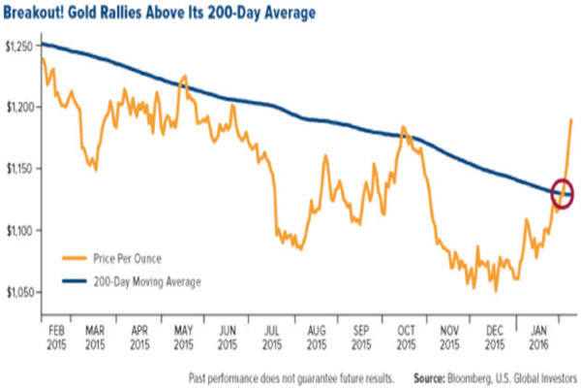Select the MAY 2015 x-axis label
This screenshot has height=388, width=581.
[x=183, y=335]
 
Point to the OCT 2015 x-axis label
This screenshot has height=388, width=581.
[x=407, y=335]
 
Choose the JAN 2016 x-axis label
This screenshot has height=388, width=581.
[x=540, y=335]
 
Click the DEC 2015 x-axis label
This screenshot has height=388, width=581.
[x=496, y=335]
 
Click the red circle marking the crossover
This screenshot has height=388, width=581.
[x=563, y=192]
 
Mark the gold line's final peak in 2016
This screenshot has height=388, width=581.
[x=571, y=119]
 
